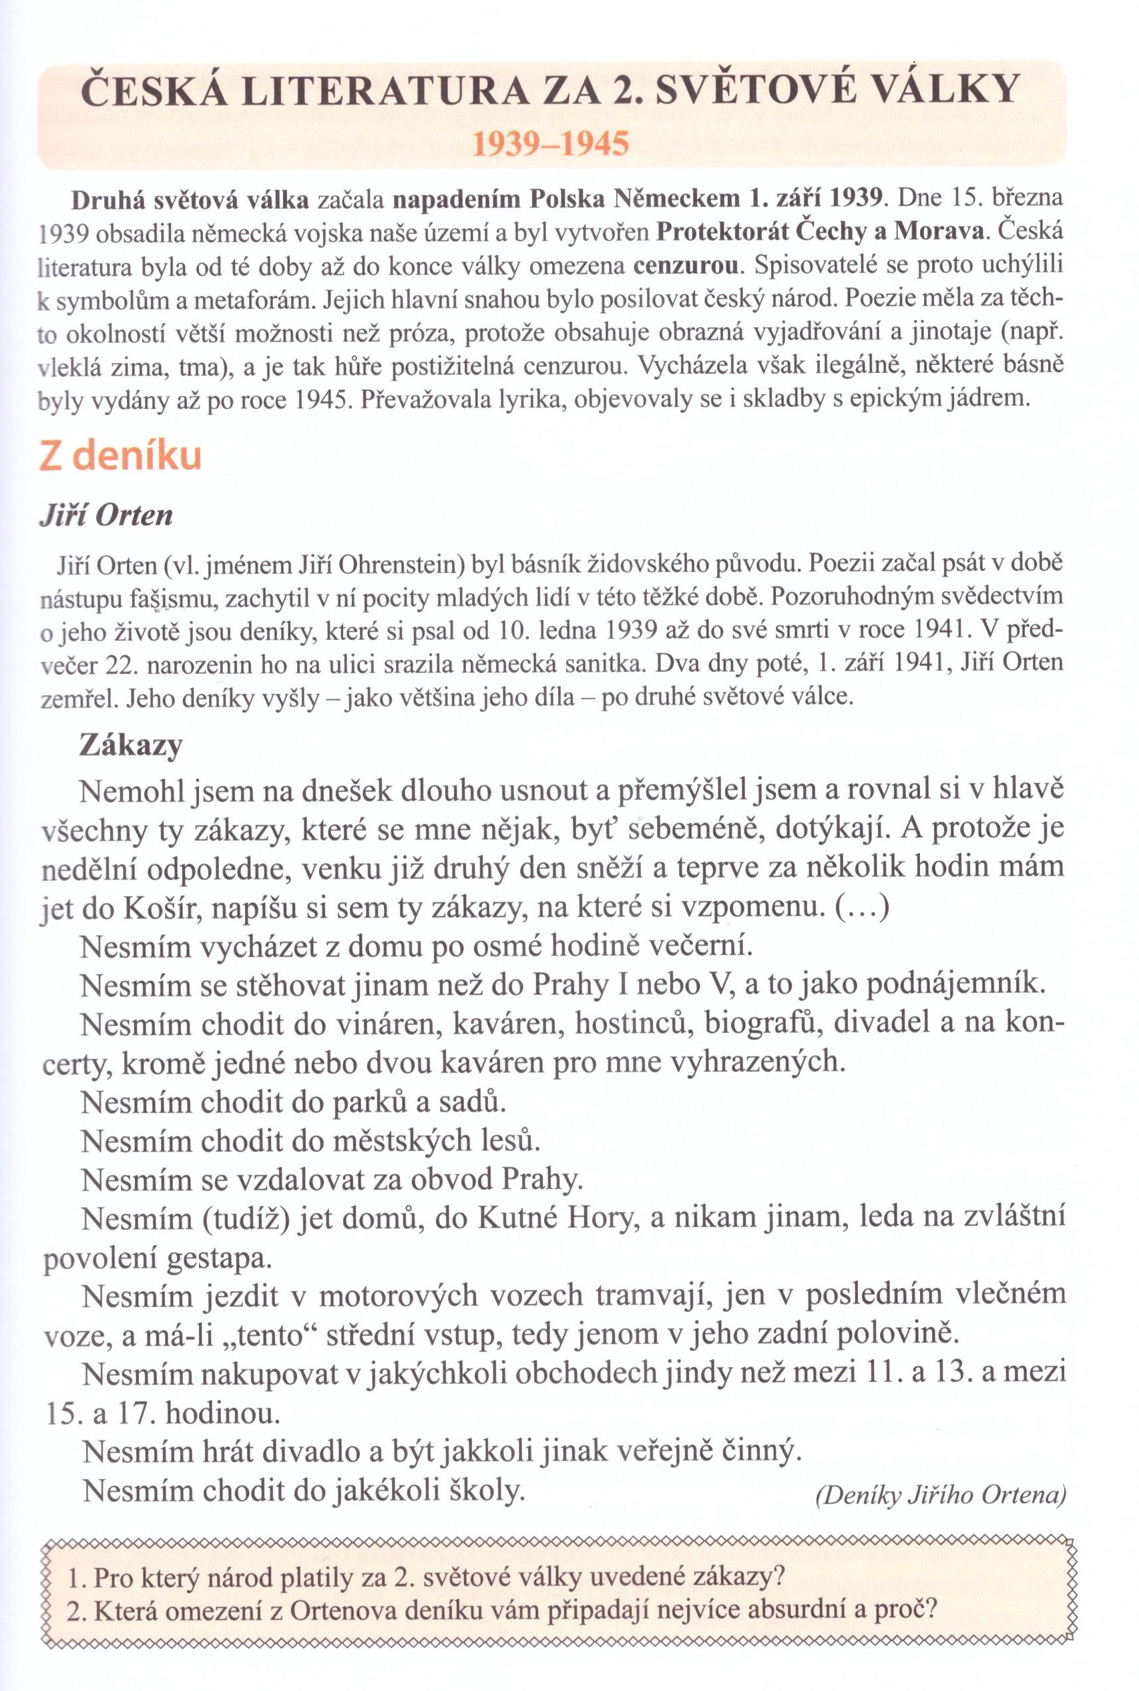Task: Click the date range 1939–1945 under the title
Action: [550, 145]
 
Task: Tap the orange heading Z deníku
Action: [120, 457]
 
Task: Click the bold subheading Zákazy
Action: [131, 745]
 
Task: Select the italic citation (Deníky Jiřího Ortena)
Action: [940, 1494]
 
